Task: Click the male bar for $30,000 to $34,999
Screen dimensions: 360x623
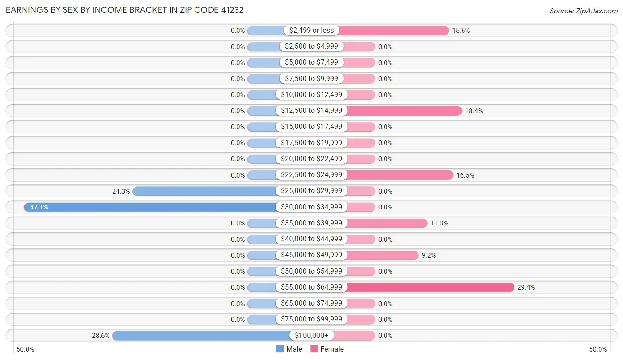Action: [151, 207]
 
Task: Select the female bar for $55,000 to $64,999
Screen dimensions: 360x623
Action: [430, 287]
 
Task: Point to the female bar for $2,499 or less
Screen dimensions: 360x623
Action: [394, 31]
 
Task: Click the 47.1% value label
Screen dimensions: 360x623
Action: [39, 207]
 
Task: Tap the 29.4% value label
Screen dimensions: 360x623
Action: [526, 287]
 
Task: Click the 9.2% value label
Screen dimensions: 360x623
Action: [428, 255]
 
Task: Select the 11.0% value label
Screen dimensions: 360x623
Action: [439, 223]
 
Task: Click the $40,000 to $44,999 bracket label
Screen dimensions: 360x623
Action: [311, 239]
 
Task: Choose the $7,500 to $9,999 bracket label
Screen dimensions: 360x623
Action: [311, 78]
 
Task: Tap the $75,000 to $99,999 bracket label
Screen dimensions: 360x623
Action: [311, 319]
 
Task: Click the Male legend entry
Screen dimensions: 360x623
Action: [289, 349]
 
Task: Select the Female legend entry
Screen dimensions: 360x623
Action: [327, 349]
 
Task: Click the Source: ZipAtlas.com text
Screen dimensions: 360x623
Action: [583, 11]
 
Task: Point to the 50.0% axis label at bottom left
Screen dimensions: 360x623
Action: [25, 349]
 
